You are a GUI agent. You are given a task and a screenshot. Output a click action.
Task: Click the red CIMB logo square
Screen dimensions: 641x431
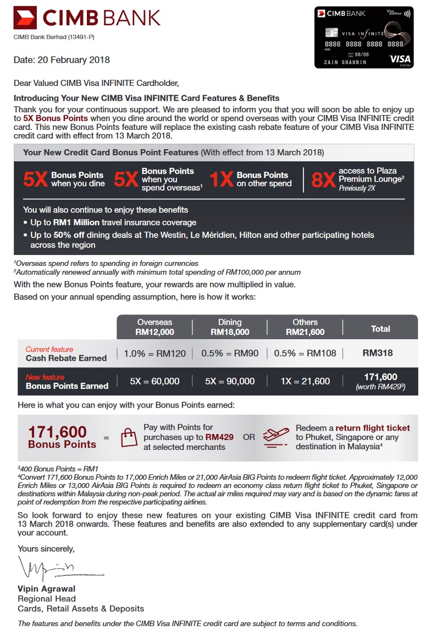(25, 18)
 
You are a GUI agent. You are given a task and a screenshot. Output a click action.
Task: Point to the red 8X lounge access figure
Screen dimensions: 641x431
(323, 180)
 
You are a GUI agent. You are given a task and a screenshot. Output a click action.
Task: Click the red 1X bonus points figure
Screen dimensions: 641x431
(222, 180)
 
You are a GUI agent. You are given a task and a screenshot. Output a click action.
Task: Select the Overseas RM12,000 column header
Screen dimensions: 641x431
(154, 327)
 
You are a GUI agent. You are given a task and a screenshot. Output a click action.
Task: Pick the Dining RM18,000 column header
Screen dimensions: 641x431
(230, 327)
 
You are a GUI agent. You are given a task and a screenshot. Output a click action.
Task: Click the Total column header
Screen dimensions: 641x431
(380, 329)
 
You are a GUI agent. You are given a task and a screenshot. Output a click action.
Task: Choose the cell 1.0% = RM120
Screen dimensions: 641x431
(155, 354)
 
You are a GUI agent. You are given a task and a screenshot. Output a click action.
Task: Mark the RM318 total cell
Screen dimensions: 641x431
(378, 353)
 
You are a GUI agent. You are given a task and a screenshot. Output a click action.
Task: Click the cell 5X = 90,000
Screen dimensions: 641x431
(230, 381)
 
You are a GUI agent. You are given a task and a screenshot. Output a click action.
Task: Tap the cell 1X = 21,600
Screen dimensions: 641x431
(305, 381)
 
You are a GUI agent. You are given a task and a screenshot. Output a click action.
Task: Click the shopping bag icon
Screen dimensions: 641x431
(128, 437)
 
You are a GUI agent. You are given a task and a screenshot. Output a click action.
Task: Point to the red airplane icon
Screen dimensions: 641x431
(275, 437)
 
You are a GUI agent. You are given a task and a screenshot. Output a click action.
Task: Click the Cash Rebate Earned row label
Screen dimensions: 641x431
(66, 358)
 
